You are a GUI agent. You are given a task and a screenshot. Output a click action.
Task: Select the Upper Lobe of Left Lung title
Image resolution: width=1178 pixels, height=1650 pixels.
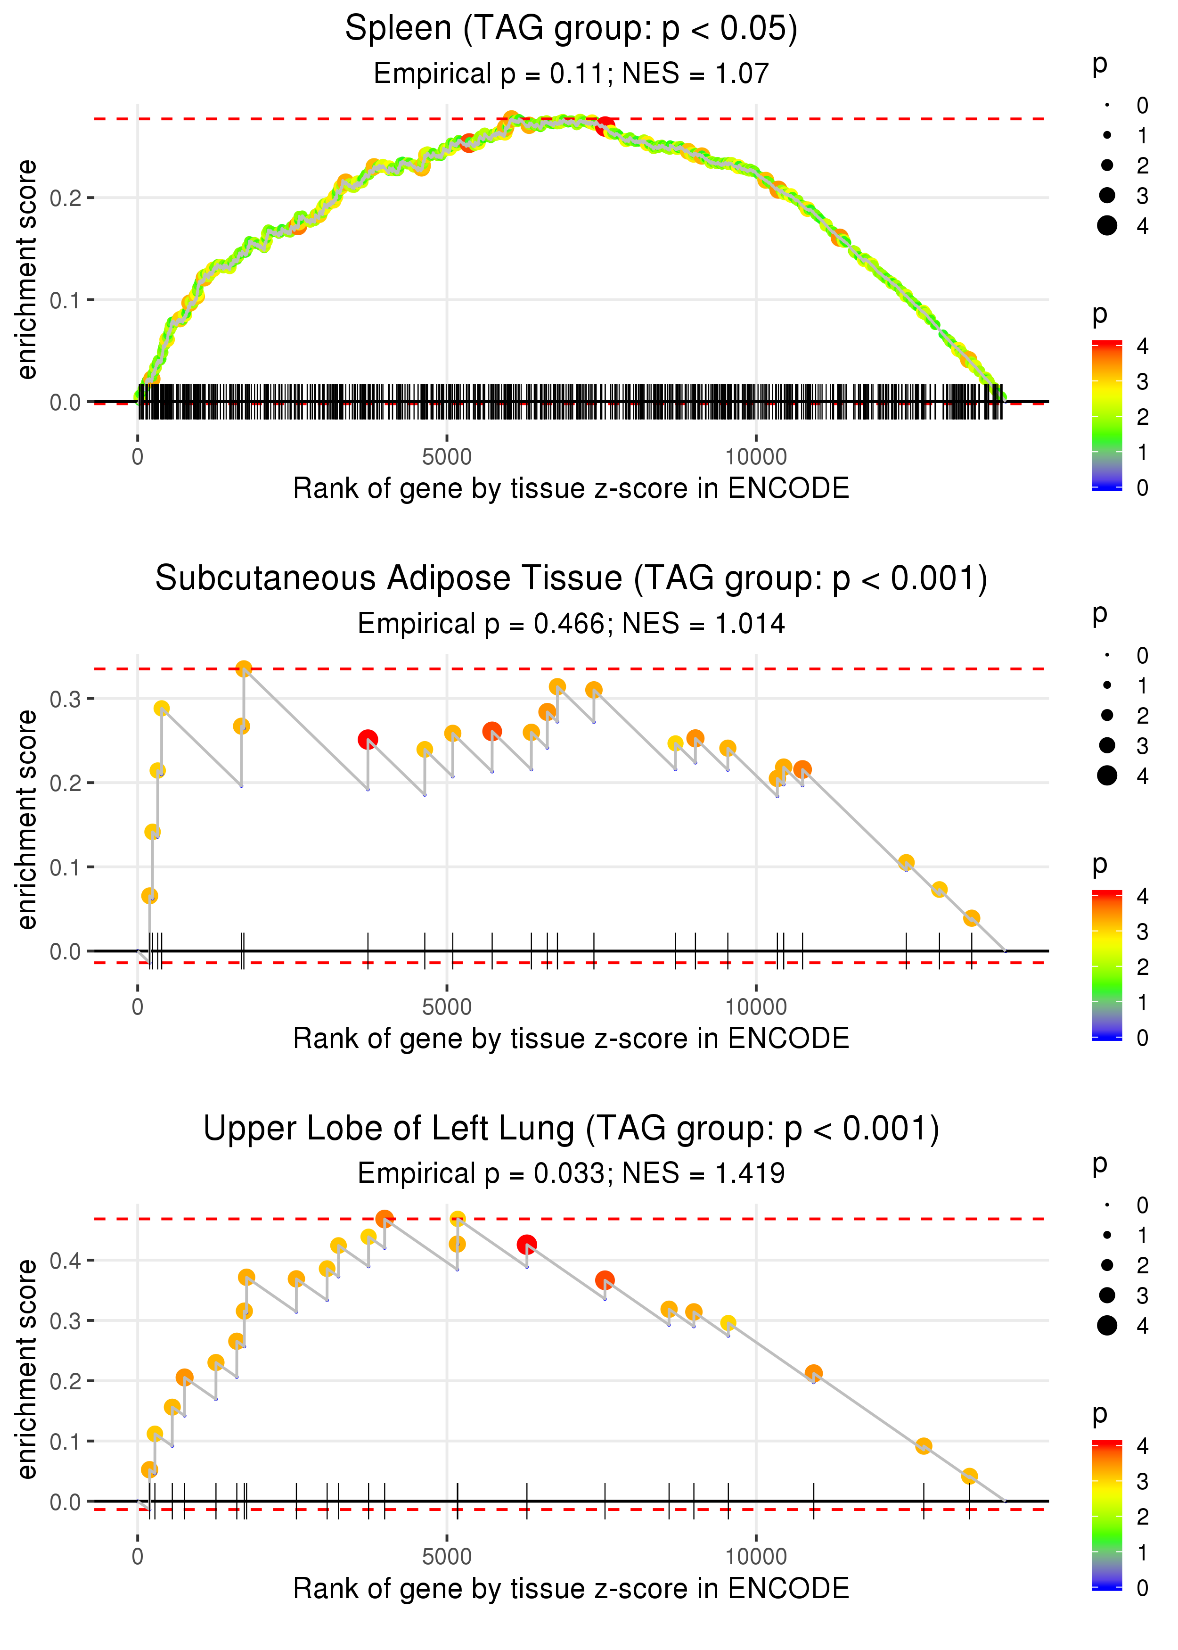point(571,1129)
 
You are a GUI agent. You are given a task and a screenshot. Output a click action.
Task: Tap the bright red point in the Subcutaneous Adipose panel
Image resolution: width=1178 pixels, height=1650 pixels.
point(368,739)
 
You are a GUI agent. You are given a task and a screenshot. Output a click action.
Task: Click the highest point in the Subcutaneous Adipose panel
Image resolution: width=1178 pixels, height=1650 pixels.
point(244,668)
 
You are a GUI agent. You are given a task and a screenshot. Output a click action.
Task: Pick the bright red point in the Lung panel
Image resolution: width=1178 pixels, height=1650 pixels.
point(527,1245)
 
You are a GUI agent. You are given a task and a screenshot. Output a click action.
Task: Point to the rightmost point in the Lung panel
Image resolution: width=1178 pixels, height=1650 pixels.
point(969,1476)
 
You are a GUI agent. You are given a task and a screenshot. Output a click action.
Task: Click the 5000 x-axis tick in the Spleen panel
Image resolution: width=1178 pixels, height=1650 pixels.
point(447,457)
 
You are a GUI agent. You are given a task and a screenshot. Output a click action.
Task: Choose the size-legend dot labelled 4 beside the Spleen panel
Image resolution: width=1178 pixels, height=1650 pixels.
point(1107,226)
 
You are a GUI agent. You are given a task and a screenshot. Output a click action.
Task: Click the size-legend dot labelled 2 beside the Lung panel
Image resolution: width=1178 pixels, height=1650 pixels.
point(1107,1265)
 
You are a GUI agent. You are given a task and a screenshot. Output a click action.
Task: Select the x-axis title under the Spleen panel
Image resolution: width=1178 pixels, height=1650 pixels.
point(571,489)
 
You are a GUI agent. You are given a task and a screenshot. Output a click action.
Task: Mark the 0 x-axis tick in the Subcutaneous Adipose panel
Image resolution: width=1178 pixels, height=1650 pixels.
point(138,1007)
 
